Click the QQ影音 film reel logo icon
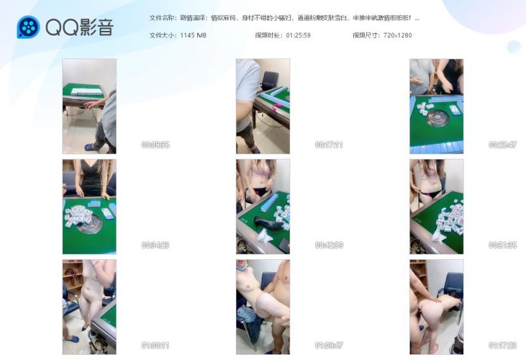pyautogui.click(x=28, y=27)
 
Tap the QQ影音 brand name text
pyautogui.click(x=79, y=27)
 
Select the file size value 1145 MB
pyautogui.click(x=193, y=35)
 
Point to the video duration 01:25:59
pyautogui.click(x=298, y=35)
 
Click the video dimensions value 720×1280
pyautogui.click(x=399, y=35)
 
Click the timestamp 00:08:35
pyautogui.click(x=155, y=145)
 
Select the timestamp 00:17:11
pyautogui.click(x=329, y=145)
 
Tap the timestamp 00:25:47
pyautogui.click(x=502, y=145)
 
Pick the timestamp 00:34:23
pyautogui.click(x=155, y=246)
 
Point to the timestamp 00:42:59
pyautogui.click(x=329, y=246)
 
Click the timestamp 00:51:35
pyautogui.click(x=502, y=246)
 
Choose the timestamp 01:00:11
pyautogui.click(x=155, y=346)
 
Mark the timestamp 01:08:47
pyautogui.click(x=329, y=346)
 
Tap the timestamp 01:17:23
pyautogui.click(x=502, y=346)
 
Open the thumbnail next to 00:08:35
pyautogui.click(x=89, y=106)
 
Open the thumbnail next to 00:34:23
pyautogui.click(x=89, y=206)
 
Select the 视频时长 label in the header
pyautogui.click(x=268, y=35)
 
